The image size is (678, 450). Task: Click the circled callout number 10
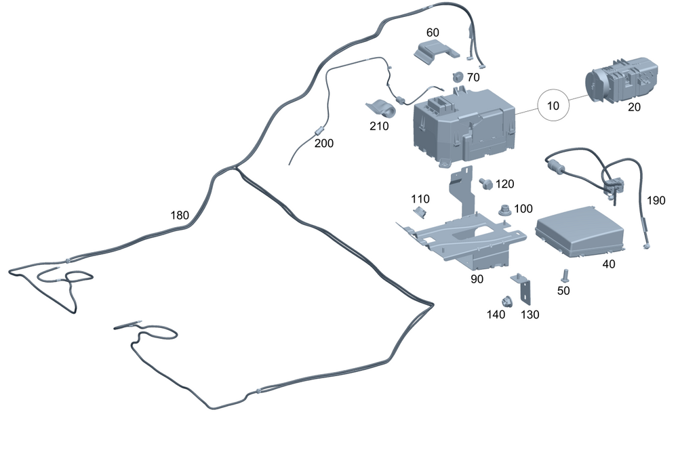pos(553,106)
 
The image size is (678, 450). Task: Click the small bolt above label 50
pos(563,274)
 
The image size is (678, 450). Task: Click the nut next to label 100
pos(504,210)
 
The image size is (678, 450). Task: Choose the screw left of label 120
pos(485,183)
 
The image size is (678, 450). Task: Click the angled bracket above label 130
pos(523,289)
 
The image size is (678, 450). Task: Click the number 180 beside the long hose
pos(180,216)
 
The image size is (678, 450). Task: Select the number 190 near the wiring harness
pos(656,201)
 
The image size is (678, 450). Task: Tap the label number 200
pos(324,143)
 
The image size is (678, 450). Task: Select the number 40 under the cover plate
pos(609,264)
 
